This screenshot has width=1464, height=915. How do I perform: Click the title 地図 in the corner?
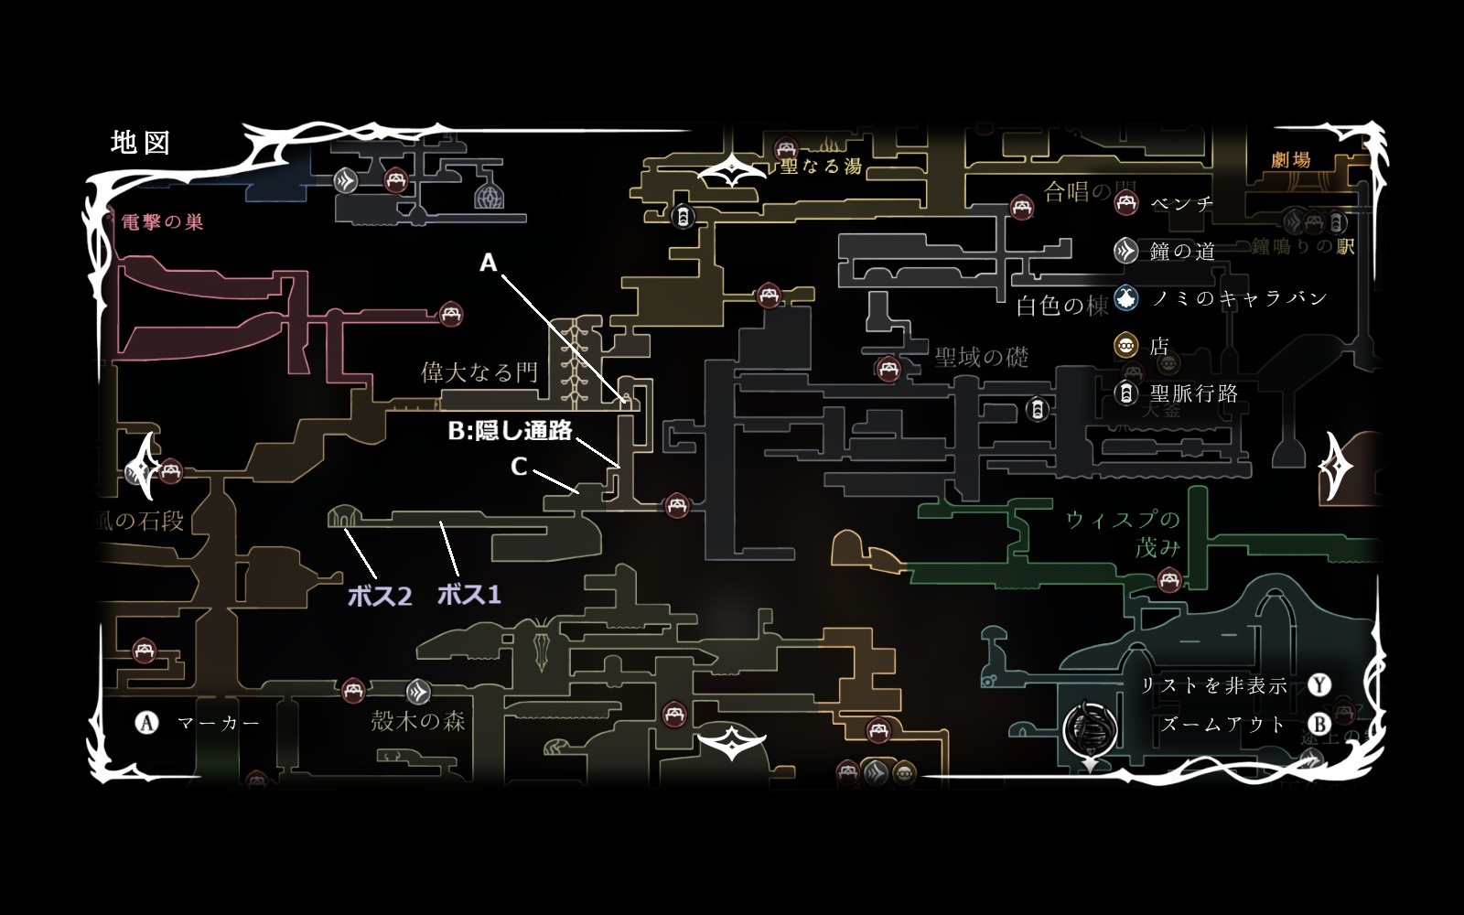(x=140, y=143)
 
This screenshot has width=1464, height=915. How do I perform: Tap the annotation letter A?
(x=489, y=264)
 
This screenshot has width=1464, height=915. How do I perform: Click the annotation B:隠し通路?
(x=510, y=430)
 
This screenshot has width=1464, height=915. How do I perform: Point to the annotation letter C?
(x=519, y=467)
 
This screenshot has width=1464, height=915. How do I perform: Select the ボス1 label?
(x=469, y=595)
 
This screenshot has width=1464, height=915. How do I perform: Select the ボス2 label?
(x=380, y=597)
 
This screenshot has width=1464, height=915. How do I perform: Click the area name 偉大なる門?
(x=479, y=372)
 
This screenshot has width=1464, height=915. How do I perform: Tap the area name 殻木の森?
(x=418, y=721)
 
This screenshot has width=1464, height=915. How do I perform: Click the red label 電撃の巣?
(x=163, y=222)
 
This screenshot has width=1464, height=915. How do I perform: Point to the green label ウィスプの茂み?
(x=1124, y=533)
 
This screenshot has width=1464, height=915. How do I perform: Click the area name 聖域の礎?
(x=982, y=357)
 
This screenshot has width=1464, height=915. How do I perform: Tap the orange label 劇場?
(x=1291, y=160)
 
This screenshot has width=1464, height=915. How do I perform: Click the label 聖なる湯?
(x=821, y=167)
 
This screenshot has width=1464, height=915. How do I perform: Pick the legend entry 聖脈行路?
(x=1193, y=393)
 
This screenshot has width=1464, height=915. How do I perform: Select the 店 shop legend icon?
(x=1126, y=346)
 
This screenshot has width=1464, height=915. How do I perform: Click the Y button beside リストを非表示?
(x=1319, y=685)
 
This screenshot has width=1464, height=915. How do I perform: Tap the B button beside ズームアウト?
(x=1319, y=725)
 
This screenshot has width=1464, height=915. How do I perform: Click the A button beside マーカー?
(x=146, y=723)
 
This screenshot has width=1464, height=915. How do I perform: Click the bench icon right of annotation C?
(x=676, y=504)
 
